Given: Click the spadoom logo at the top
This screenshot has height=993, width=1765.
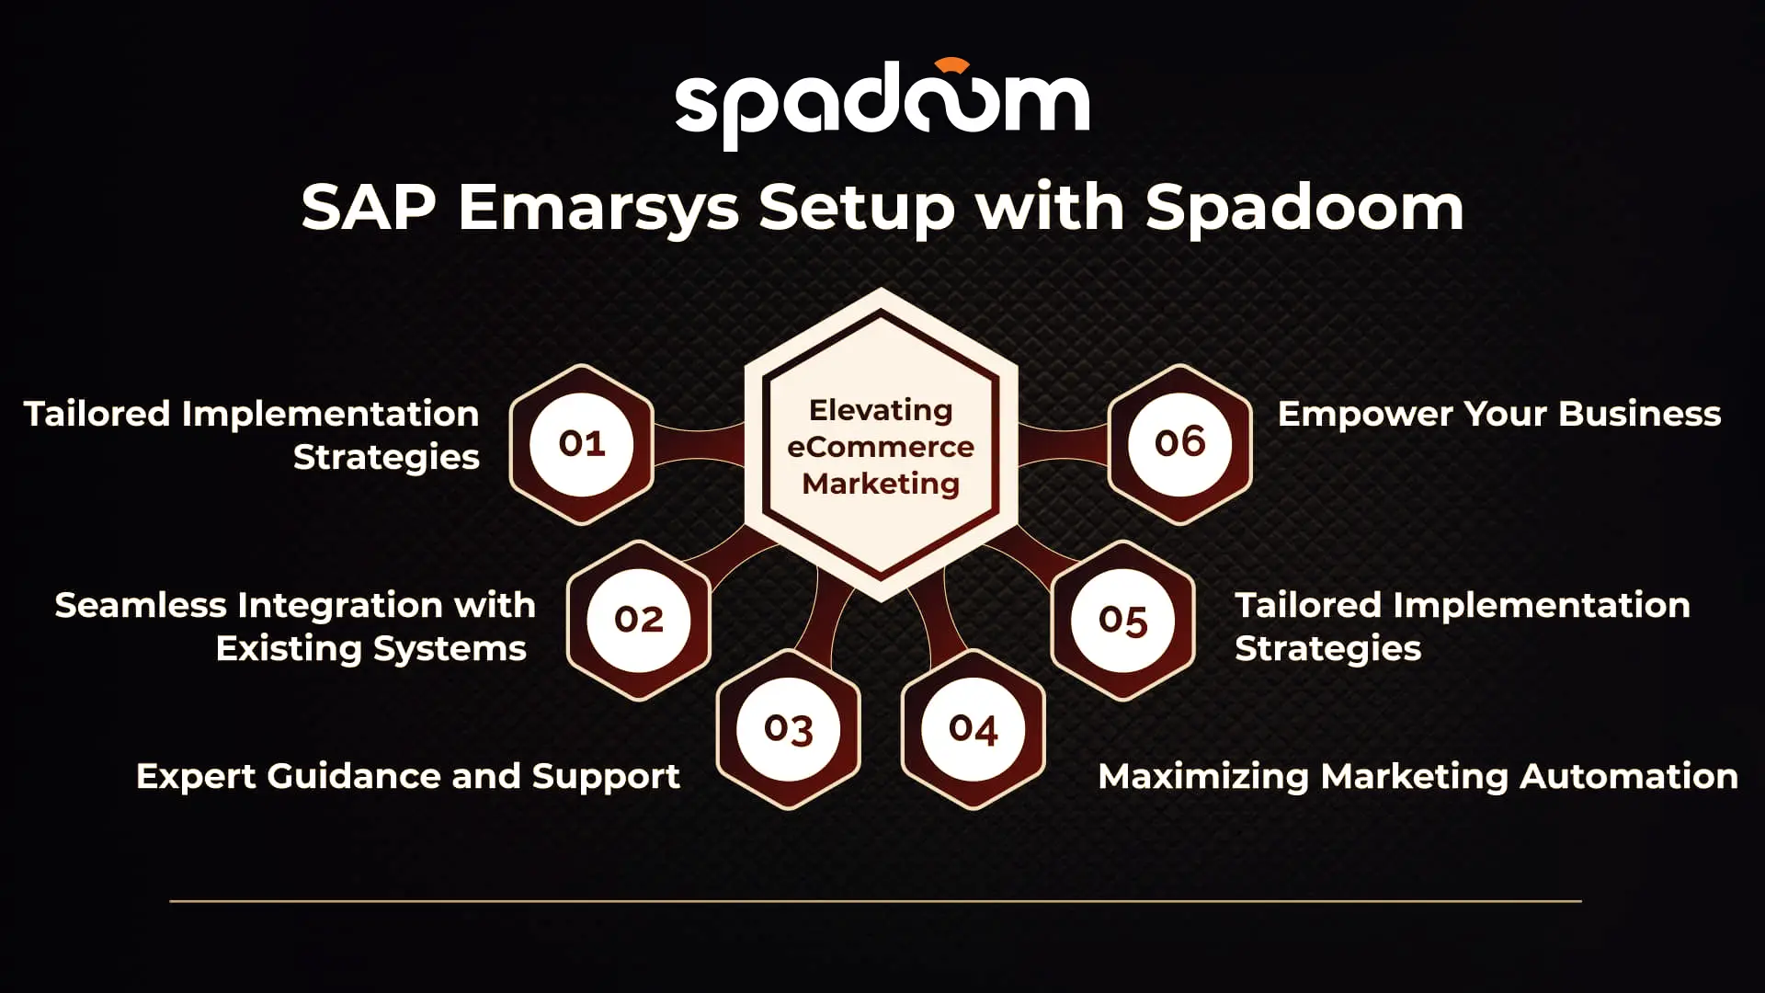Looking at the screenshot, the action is coord(882,104).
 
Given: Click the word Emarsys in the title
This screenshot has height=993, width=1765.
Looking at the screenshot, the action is coord(598,209).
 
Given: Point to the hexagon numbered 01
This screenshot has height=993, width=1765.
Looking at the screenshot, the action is coord(582,444).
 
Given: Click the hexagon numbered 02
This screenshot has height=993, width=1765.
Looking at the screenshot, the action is coord(639,620).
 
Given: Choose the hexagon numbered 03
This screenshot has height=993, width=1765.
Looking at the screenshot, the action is coord(789,729).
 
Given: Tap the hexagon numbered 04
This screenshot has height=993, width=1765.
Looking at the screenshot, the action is coord(974,729).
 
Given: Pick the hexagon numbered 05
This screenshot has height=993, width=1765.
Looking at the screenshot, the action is coord(1123,620).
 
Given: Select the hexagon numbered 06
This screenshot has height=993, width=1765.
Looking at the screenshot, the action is coord(1180,444).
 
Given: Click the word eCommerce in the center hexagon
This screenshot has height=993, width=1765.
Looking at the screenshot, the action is coord(881,447).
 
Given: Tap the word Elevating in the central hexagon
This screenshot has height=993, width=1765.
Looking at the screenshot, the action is coord(881,411).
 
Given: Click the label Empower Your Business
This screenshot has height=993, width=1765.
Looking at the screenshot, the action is coord(1499,415).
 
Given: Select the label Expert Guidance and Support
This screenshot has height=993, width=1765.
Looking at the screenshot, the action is coord(408,777).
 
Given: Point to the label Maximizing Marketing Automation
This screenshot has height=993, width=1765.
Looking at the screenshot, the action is coord(1418,777).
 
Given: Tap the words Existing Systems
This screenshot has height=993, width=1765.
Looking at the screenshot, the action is coord(371,649).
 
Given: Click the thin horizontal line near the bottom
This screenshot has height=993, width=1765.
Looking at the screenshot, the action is coord(875,901).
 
